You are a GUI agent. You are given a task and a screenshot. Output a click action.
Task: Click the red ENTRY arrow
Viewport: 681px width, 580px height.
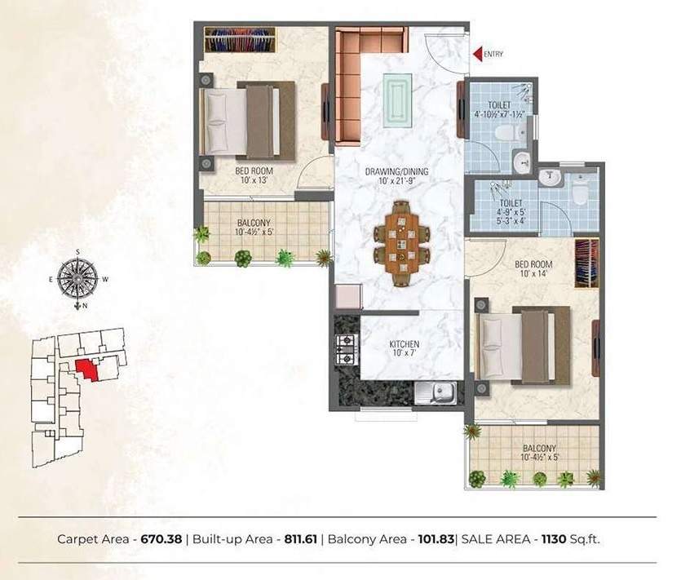click(477, 54)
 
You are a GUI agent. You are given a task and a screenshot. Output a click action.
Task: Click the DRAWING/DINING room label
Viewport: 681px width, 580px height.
click(397, 171)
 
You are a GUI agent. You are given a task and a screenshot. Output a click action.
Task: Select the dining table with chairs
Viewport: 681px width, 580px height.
click(400, 243)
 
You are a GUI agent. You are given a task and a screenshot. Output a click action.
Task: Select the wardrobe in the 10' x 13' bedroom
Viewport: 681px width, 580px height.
click(240, 39)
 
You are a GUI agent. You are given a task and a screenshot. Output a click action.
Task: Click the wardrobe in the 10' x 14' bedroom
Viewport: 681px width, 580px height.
click(587, 263)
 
